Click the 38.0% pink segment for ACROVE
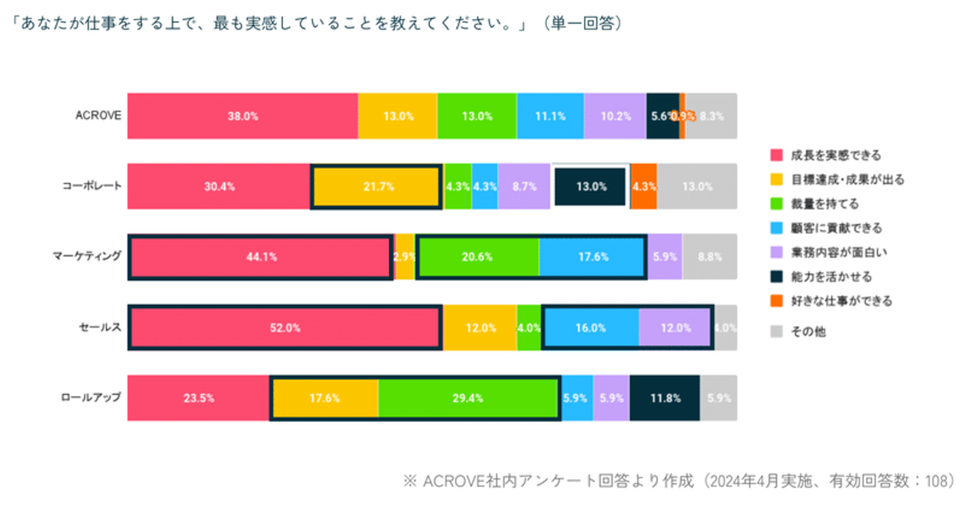(x=242, y=116)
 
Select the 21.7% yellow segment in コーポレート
(x=377, y=187)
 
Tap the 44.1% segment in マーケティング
(x=260, y=257)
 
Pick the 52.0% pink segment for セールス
(x=285, y=328)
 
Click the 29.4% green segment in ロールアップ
(x=468, y=398)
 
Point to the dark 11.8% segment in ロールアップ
(x=664, y=398)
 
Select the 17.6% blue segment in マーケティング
(x=592, y=257)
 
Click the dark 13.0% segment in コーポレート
(x=590, y=187)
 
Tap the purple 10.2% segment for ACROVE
(x=615, y=116)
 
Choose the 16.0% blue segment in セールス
(x=590, y=328)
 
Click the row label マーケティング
(x=88, y=255)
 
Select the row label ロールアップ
(x=90, y=397)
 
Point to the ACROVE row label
(x=98, y=115)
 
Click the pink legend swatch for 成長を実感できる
(x=777, y=155)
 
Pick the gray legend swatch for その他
(x=777, y=331)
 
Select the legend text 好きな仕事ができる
(x=841, y=301)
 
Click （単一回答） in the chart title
(x=582, y=23)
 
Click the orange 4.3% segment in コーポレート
(x=643, y=187)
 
